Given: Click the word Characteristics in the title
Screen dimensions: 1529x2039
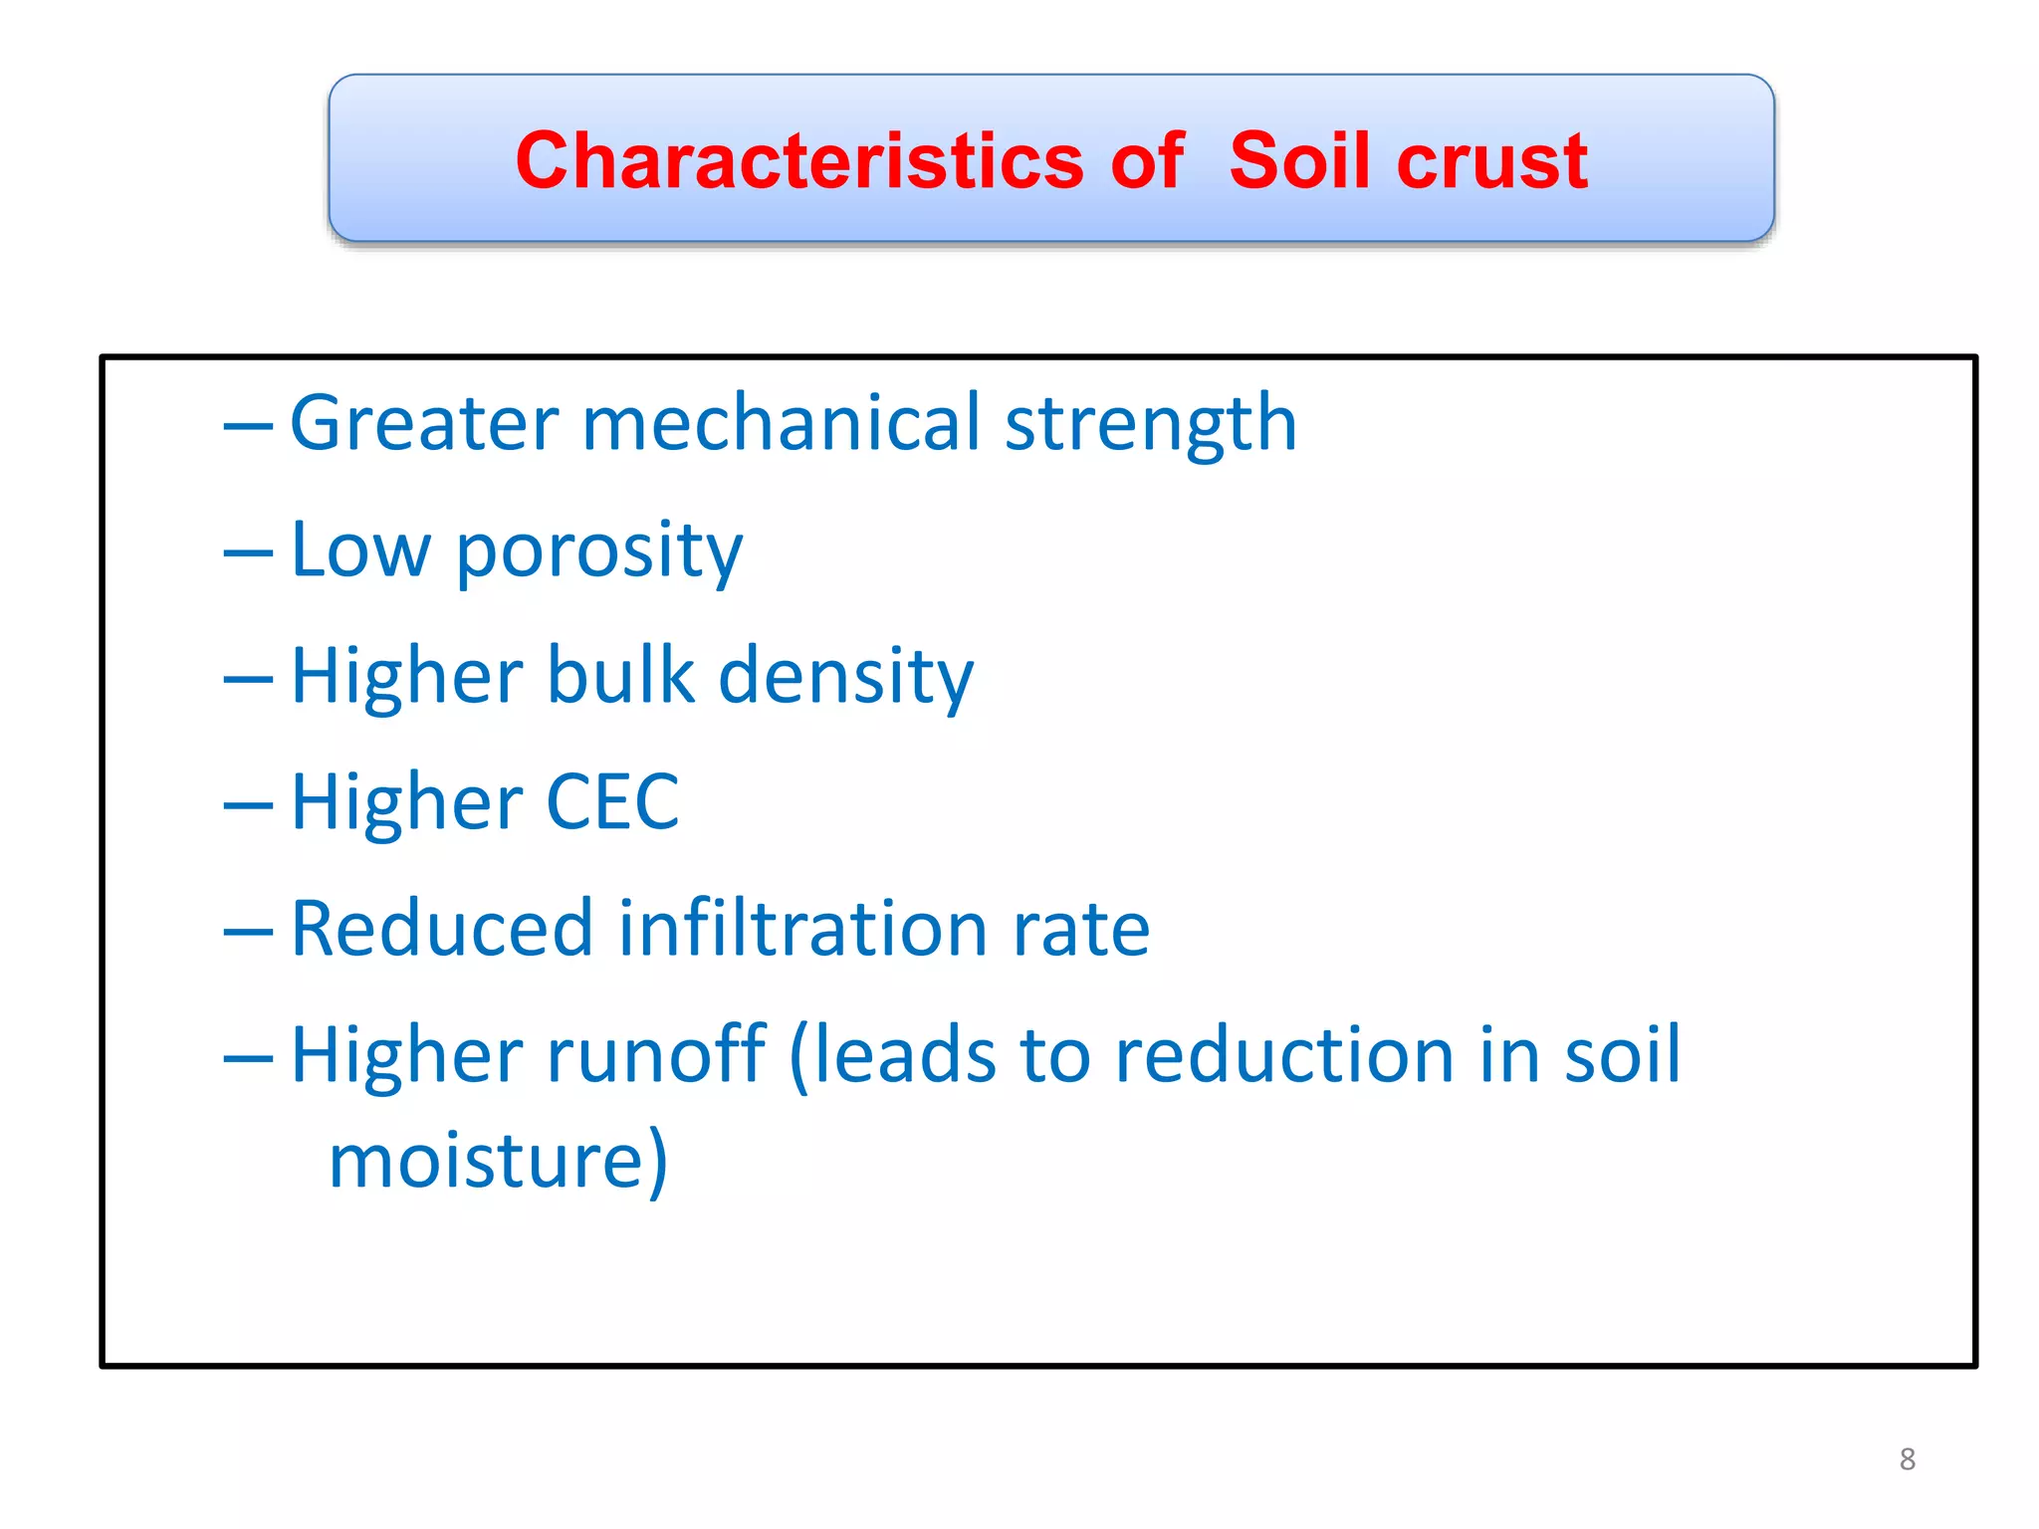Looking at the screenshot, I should click(799, 161).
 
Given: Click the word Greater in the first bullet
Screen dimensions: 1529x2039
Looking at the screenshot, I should click(424, 424).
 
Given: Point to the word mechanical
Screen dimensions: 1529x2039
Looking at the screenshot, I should click(781, 424).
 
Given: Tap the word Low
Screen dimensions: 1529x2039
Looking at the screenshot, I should click(360, 550).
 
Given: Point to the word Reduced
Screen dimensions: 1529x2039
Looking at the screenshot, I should click(441, 929).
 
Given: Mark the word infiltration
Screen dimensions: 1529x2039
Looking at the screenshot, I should click(802, 929).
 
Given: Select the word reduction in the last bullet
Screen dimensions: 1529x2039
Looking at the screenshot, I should click(1284, 1055).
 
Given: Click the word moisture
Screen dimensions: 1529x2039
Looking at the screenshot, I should click(497, 1162).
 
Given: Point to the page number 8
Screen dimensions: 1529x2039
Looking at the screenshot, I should click(1907, 1459).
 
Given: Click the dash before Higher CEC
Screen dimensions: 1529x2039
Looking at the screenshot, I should click(248, 805).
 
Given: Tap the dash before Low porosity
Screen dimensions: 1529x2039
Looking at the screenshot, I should click(248, 553).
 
